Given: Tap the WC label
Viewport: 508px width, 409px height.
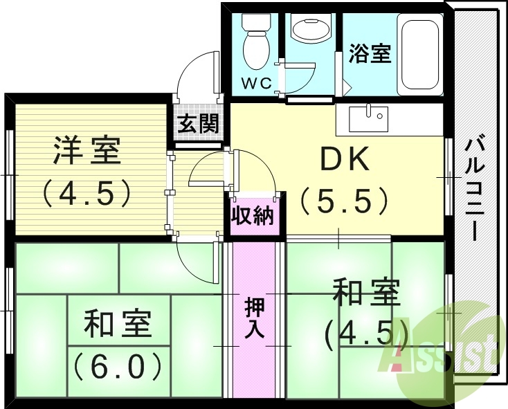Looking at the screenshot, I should [255, 84].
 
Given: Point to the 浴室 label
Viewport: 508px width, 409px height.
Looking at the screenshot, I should [370, 53].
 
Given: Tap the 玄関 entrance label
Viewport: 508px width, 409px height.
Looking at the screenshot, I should [199, 125].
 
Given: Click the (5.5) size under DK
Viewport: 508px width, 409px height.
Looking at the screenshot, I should [343, 200].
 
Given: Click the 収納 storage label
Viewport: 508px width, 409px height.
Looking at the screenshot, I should [253, 217].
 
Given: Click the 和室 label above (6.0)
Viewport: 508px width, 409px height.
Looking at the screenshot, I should [118, 324].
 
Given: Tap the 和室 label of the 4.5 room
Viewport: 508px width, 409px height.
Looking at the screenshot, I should [366, 293].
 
